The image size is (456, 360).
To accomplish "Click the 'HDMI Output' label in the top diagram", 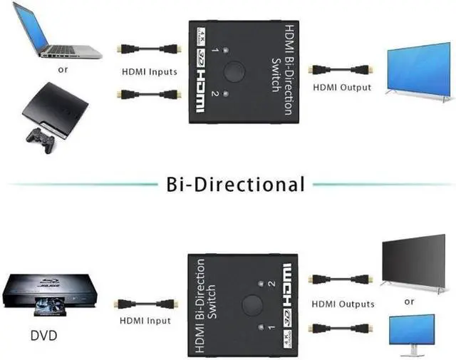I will tap(342, 87).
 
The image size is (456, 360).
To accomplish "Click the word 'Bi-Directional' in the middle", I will tap(234, 184).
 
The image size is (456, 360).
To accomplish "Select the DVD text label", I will tap(44, 334).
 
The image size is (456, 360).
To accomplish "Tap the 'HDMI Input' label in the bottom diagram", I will tap(145, 321).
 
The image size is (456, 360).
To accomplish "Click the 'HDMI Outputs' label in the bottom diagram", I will tap(343, 304).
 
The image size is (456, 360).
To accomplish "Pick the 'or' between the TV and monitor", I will tap(409, 302).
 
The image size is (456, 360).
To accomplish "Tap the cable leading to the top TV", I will tap(340, 70).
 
